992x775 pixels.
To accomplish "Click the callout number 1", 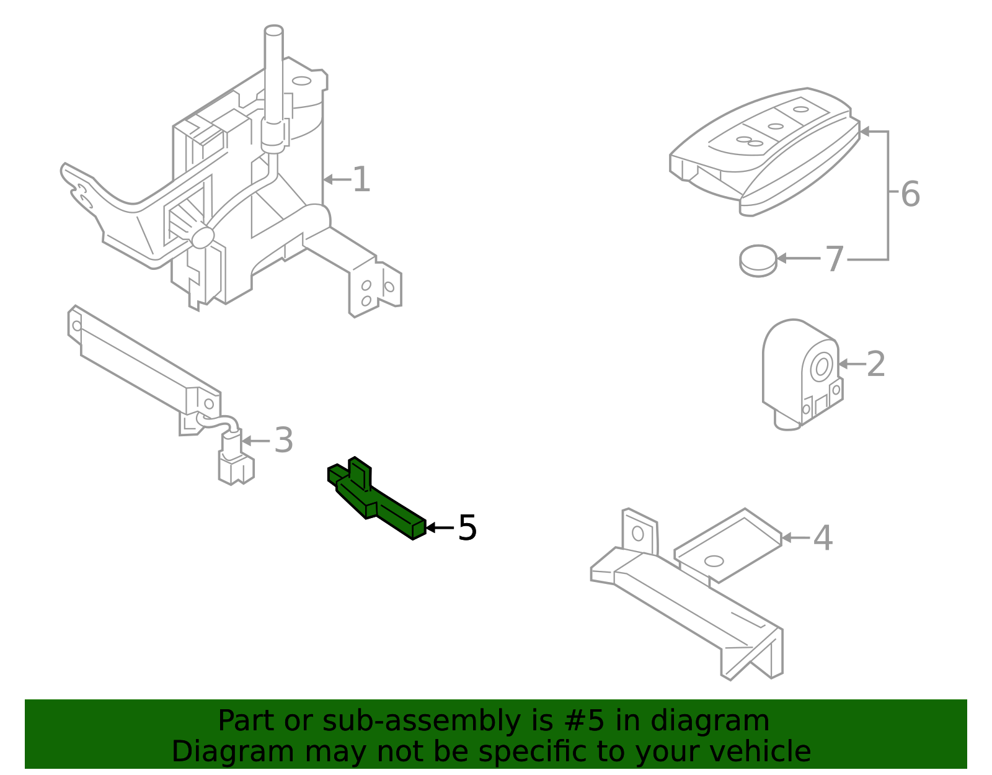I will (x=361, y=180).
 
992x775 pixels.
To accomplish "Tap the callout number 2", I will (x=875, y=364).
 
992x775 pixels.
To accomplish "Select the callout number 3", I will (x=283, y=441).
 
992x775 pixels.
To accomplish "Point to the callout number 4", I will (x=822, y=538).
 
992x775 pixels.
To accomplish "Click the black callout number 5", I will (x=467, y=528).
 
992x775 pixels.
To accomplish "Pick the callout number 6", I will (x=910, y=194).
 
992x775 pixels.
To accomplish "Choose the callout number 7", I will (x=835, y=259).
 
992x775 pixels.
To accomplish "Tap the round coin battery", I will (x=758, y=260).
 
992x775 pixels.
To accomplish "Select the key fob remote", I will (x=766, y=152).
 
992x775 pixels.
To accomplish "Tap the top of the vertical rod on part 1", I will (x=273, y=30).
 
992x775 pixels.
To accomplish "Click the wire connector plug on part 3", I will (x=236, y=468).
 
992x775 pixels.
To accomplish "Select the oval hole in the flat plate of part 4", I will (x=714, y=561).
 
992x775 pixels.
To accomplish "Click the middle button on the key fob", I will (x=776, y=127).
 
